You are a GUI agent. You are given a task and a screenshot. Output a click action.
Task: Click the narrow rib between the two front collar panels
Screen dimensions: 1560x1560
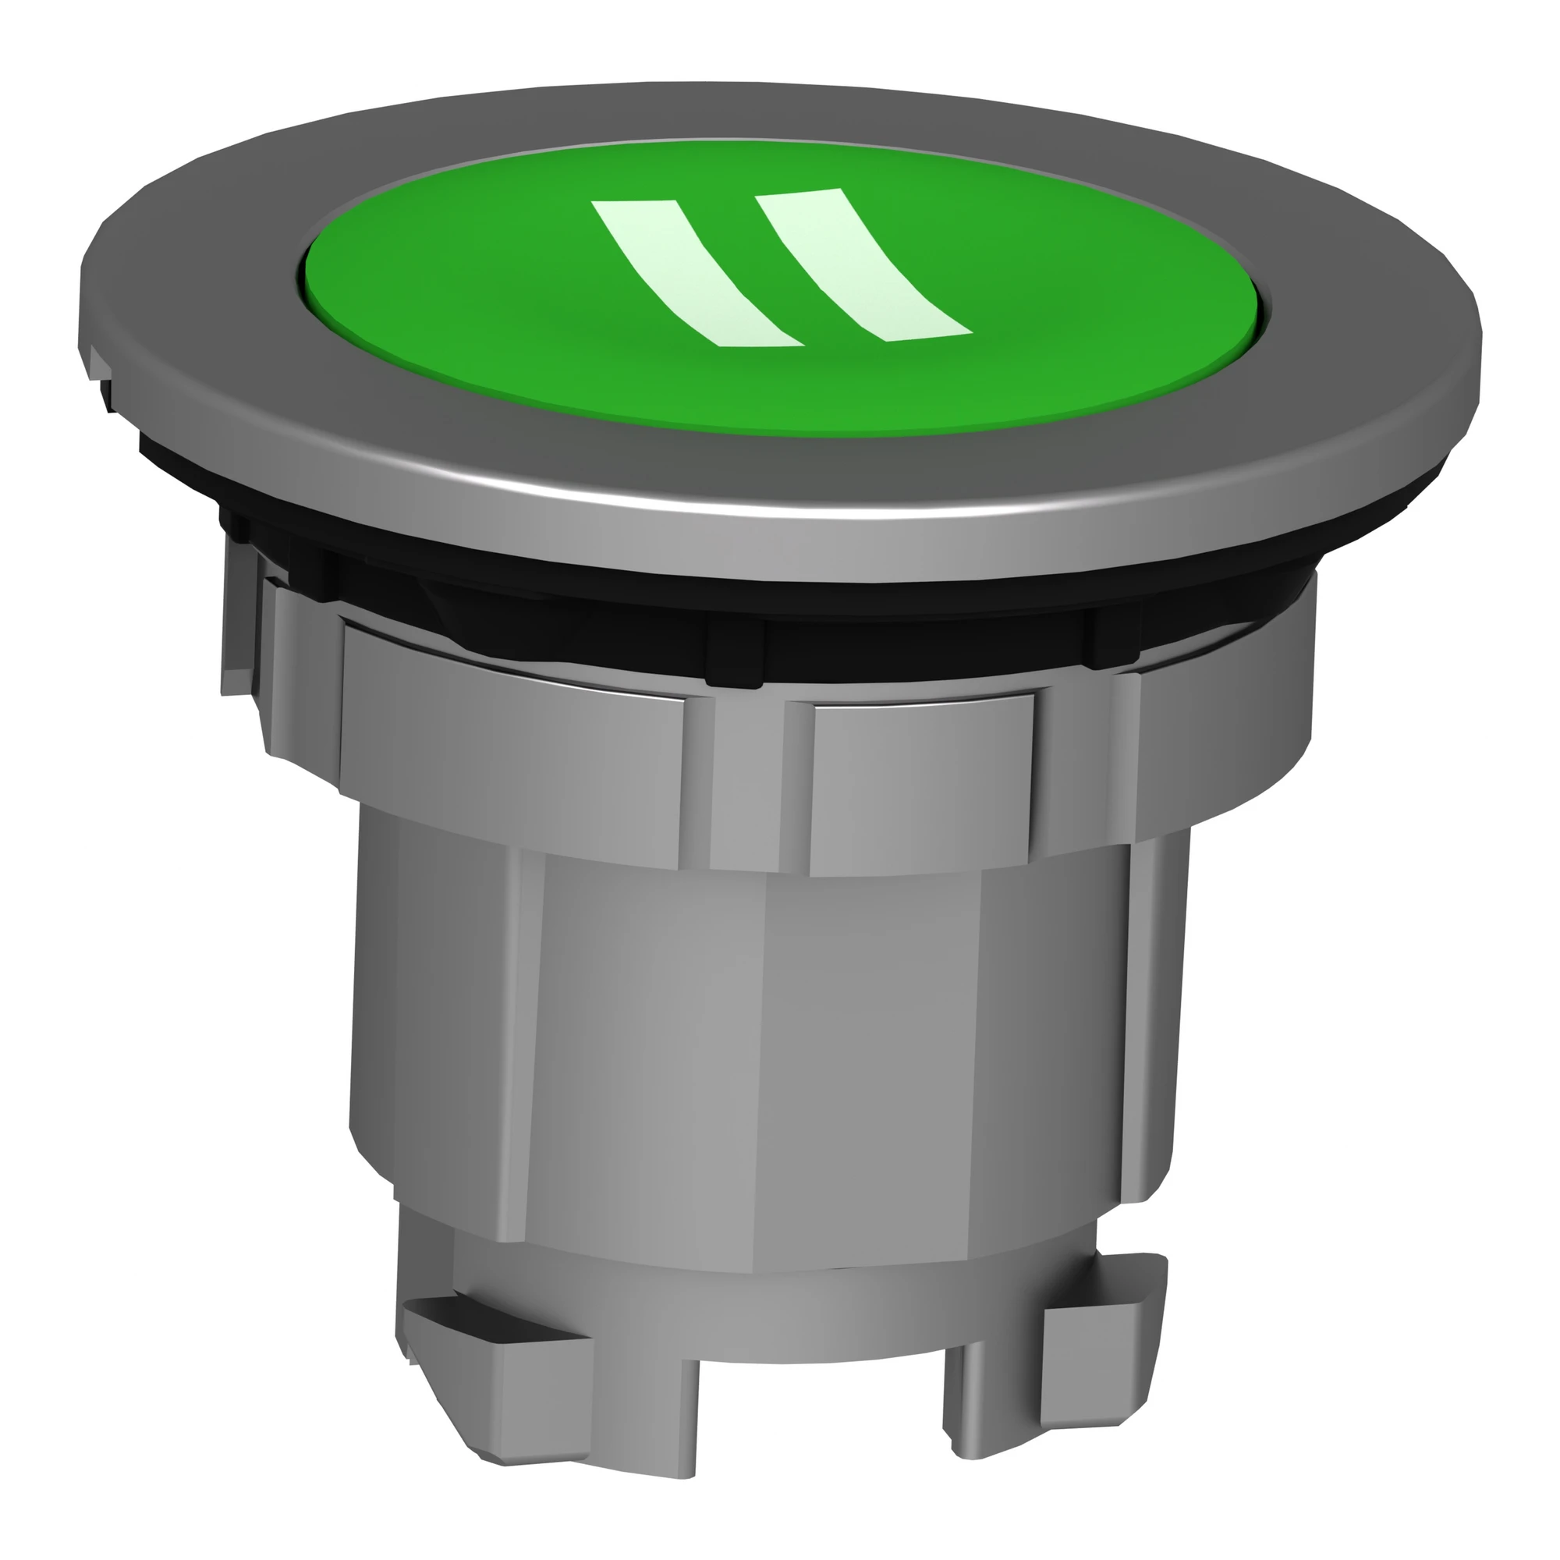pos(748,775)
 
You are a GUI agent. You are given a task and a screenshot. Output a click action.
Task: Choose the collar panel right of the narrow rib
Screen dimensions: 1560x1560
pos(920,783)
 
